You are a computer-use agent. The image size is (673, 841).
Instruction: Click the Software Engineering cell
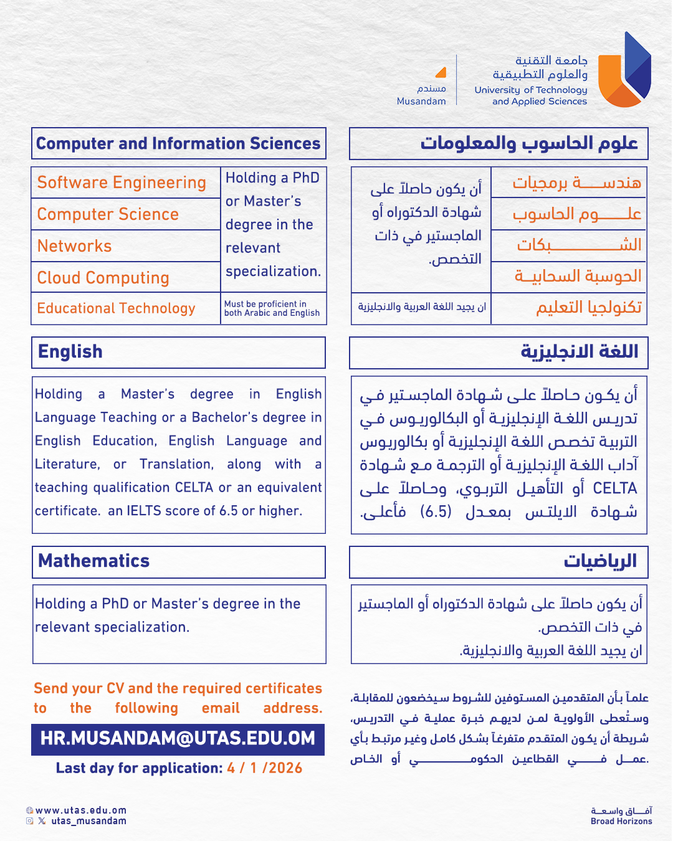[x=122, y=183]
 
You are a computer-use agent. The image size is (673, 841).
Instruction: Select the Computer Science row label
[x=108, y=214]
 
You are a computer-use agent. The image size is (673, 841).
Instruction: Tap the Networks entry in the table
[x=75, y=246]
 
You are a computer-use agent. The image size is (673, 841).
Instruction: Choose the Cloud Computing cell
[x=103, y=278]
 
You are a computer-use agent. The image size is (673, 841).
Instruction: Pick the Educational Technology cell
[x=117, y=308]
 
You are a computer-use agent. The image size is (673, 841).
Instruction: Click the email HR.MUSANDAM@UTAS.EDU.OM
[x=178, y=739]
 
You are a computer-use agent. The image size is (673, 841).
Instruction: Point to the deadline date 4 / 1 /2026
[x=265, y=768]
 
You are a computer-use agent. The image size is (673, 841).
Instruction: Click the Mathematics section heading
[x=94, y=561]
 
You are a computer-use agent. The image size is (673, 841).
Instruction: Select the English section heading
[x=70, y=352]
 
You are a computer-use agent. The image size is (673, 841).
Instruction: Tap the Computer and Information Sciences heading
[x=178, y=144]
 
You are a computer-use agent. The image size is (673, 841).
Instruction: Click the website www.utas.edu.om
[x=81, y=810]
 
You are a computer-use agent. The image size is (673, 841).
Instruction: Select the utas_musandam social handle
[x=88, y=821]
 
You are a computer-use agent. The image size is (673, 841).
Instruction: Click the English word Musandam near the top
[x=421, y=101]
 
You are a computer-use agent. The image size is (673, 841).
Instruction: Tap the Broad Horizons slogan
[x=621, y=821]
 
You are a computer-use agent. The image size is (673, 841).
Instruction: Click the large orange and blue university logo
[x=624, y=70]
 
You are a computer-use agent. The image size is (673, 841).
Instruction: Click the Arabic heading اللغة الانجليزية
[x=580, y=352]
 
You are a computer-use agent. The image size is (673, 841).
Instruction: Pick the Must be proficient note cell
[x=272, y=308]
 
